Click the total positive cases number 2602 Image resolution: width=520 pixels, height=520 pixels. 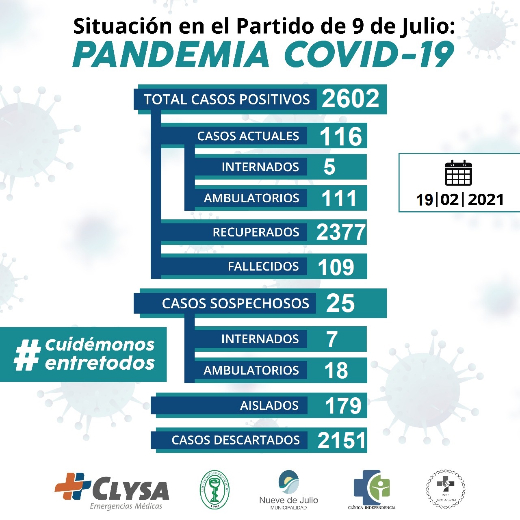350,99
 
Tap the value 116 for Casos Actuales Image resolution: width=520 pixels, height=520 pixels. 340,136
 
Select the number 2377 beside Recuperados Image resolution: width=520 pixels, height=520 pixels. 341,232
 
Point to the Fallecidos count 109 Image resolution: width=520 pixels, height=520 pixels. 336,267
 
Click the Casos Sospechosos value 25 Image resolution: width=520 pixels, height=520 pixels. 340,303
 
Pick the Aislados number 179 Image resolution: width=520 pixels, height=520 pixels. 343,405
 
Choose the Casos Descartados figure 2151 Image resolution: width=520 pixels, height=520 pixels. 342,440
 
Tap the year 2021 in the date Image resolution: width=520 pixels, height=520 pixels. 485,199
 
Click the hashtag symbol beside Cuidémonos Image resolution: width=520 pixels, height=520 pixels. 28,355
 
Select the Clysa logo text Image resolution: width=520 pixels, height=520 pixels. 130,490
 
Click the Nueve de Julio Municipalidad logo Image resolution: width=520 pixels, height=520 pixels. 288,490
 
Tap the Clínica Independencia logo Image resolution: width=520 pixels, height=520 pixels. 371,489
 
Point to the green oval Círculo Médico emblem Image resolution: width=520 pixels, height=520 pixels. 214,490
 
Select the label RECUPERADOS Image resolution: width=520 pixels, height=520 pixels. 256,232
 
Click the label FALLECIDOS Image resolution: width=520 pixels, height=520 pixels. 263,266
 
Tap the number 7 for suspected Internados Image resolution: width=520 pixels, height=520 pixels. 332,339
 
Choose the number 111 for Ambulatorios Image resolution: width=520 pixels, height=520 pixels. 338,198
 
